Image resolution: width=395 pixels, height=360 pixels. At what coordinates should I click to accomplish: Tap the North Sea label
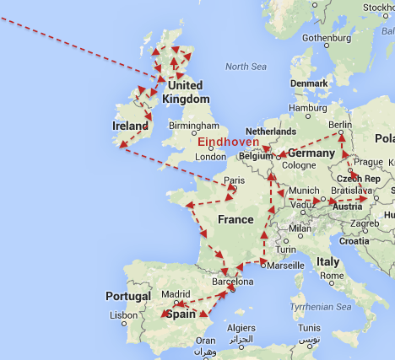[x=246, y=67]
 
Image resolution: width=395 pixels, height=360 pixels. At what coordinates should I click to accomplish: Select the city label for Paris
[x=234, y=180]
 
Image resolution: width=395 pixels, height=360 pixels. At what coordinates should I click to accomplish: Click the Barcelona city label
[x=232, y=282]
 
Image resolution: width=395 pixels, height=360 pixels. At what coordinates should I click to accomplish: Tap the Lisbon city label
[x=122, y=315]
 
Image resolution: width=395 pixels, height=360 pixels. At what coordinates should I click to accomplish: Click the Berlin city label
[x=339, y=125]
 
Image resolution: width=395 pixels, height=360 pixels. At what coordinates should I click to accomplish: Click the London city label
[x=210, y=157]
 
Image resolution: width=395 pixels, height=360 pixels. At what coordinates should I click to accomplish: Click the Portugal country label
[x=127, y=296]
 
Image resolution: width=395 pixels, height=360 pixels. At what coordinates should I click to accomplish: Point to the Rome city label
[x=330, y=275]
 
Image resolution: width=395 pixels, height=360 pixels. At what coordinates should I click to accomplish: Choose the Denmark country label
[x=309, y=83]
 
